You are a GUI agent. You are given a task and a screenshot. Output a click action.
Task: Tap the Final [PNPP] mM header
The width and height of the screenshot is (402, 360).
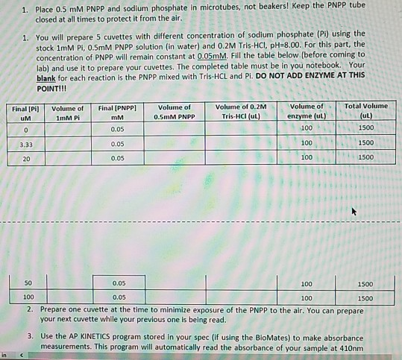click(116, 111)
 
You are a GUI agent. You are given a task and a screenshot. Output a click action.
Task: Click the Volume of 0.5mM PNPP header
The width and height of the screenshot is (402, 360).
click(175, 111)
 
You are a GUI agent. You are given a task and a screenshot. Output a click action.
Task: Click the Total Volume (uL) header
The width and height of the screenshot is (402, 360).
click(366, 111)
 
